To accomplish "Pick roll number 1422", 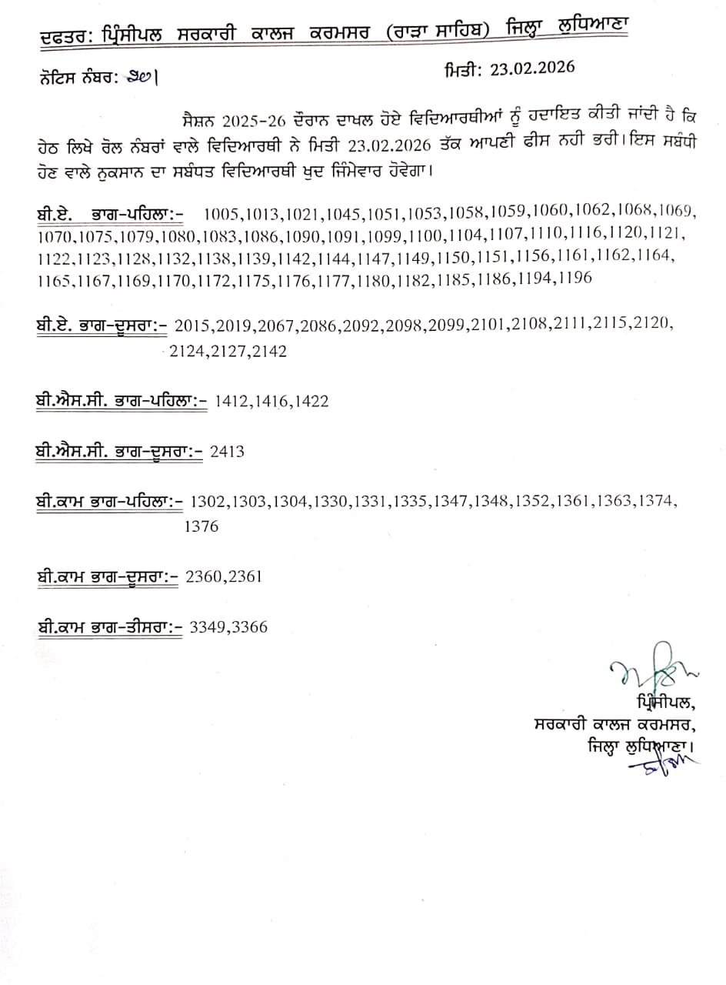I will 311,400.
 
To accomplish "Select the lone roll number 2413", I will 227,451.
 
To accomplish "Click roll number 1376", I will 201,526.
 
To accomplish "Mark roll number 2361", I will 244,576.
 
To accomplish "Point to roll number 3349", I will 206,626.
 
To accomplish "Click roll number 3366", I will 250,626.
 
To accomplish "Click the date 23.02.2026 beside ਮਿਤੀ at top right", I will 531,68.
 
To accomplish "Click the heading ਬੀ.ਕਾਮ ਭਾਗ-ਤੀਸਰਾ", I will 109,626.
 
